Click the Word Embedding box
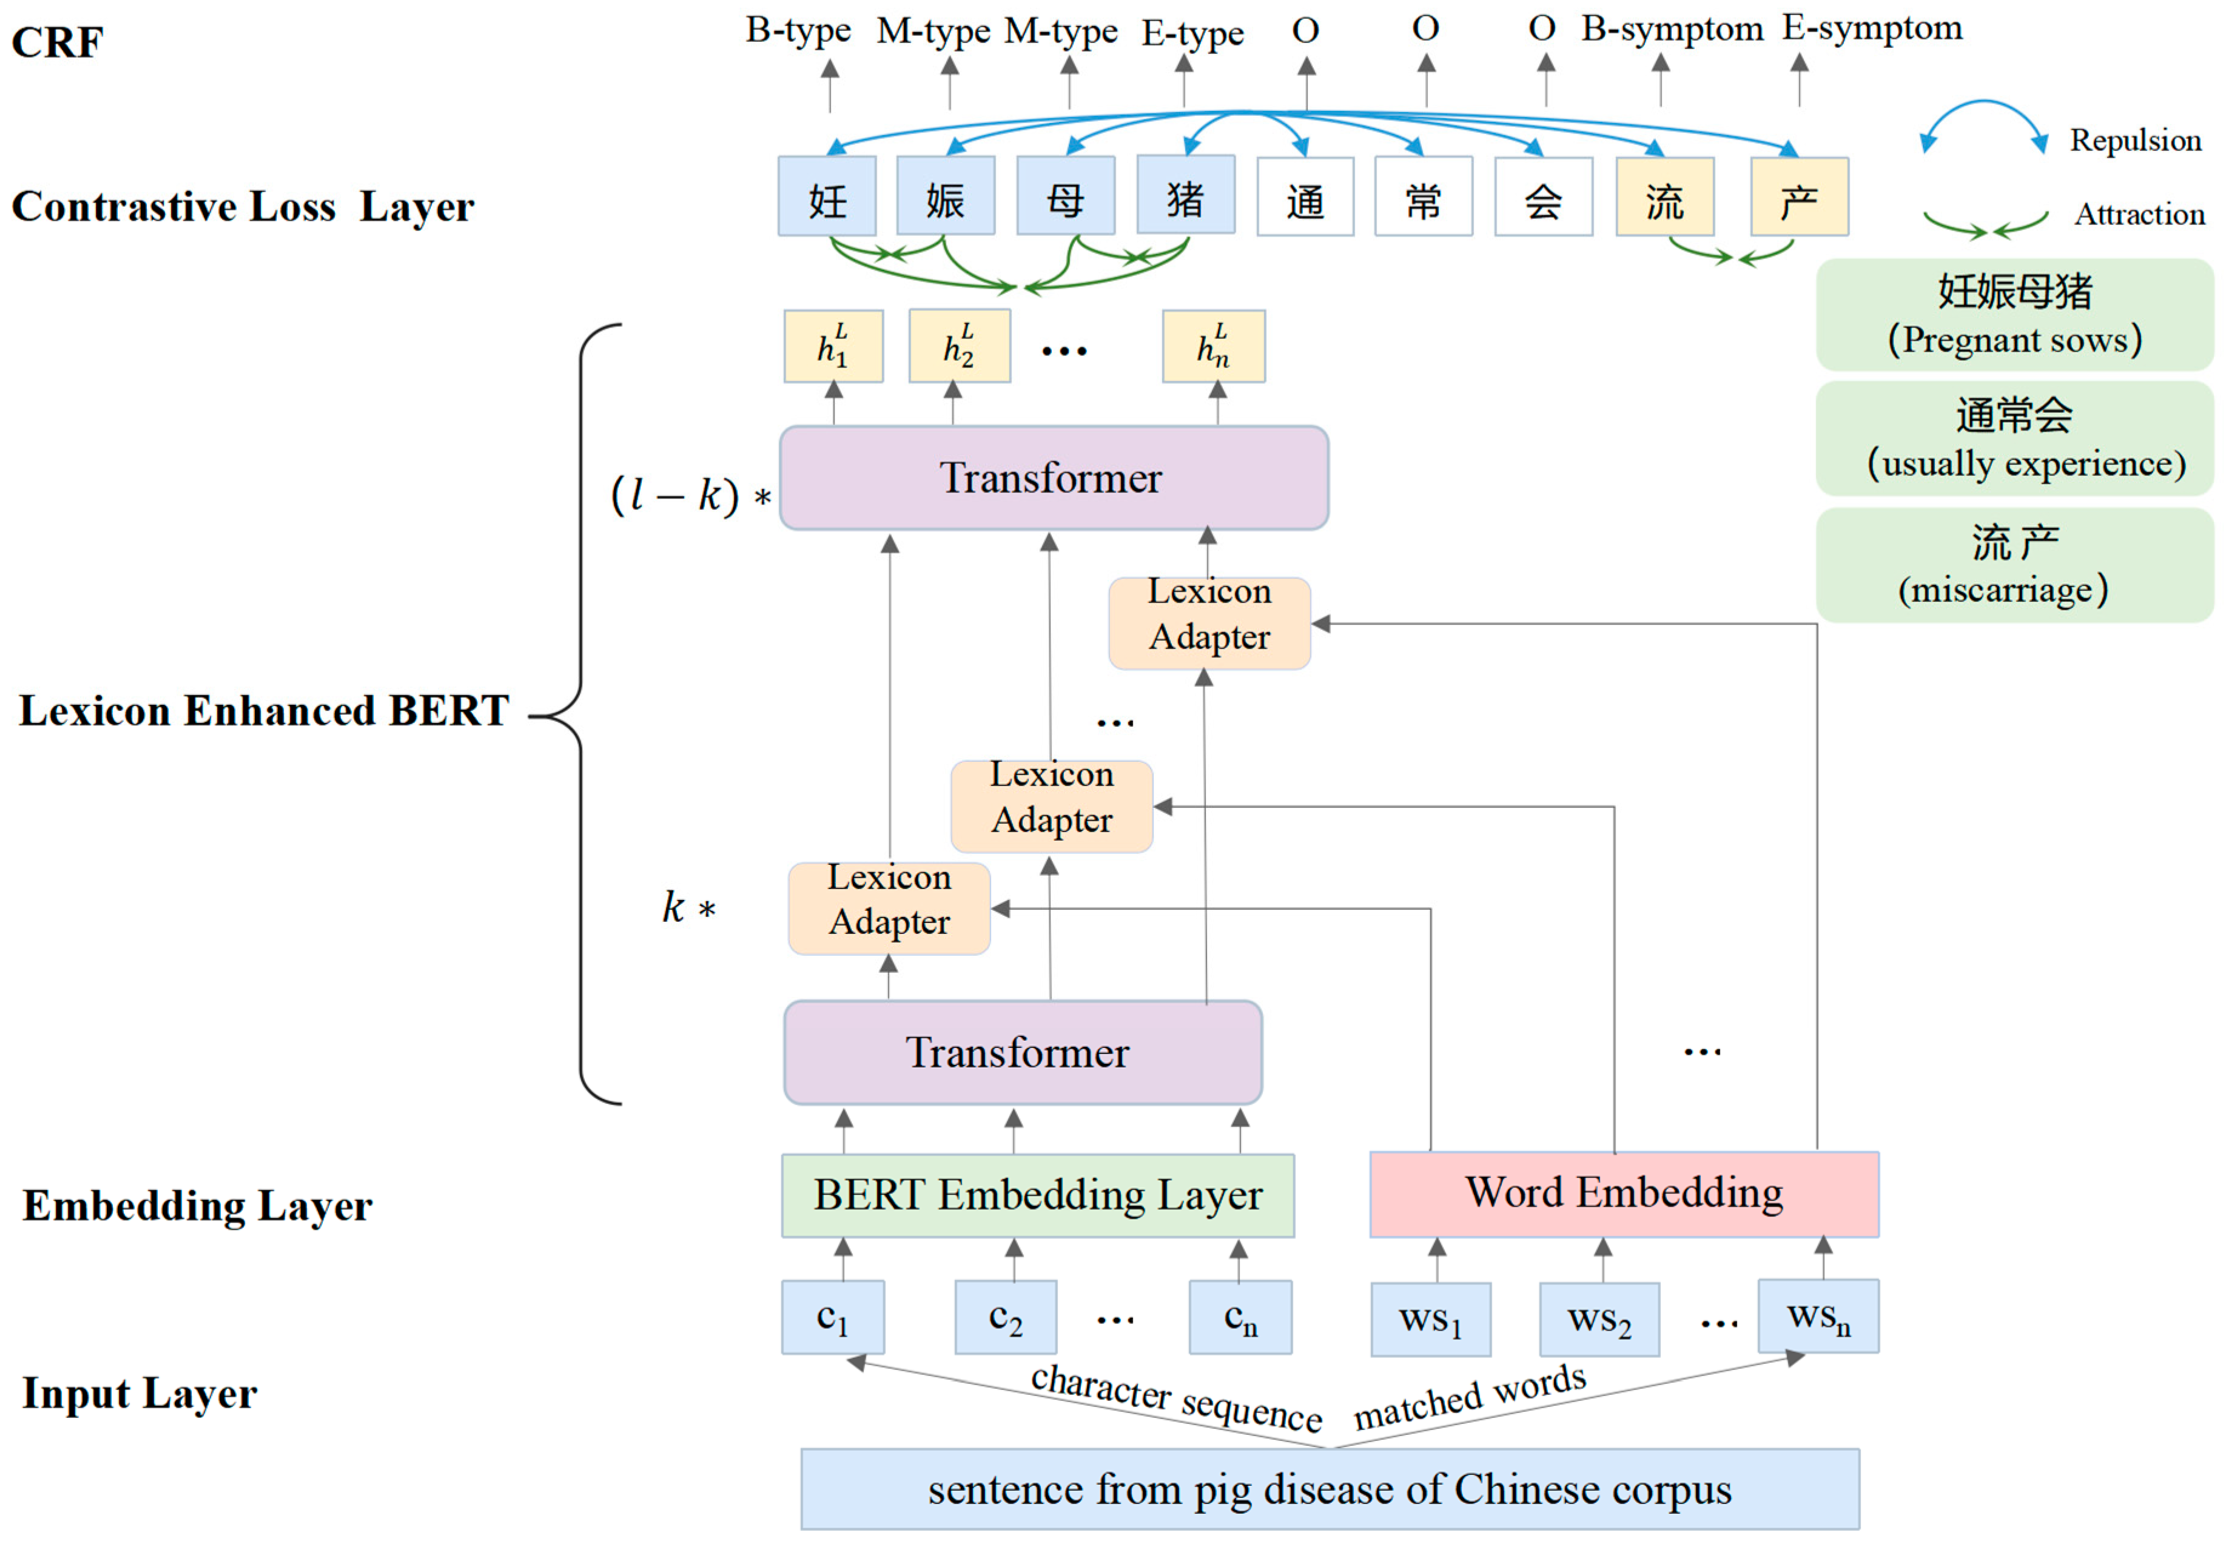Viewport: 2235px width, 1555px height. [1624, 1194]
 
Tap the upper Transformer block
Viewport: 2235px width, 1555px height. [1054, 478]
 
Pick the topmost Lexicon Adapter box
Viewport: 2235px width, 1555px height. [1209, 623]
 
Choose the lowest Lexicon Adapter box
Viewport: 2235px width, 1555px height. [889, 908]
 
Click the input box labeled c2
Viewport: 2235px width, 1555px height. [1006, 1317]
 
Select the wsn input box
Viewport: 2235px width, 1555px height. [1817, 1317]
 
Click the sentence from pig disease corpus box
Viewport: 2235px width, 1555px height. [1329, 1489]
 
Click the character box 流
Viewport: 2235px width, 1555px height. [1664, 198]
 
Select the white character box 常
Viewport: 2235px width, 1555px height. [1423, 198]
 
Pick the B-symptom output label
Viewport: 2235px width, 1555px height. [1672, 29]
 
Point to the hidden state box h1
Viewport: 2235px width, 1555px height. [833, 346]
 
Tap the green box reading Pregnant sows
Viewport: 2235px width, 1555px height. [2014, 314]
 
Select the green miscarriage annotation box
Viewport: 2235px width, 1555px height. [2014, 565]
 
